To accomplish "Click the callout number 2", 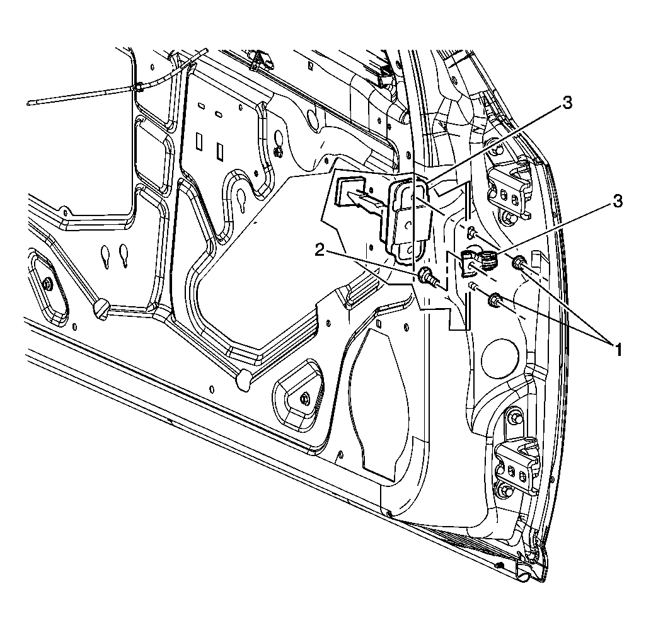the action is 320,250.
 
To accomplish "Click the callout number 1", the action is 618,350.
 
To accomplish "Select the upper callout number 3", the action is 568,103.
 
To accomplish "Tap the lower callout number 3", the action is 618,202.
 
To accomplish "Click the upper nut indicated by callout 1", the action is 519,261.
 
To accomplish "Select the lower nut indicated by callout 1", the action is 494,301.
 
